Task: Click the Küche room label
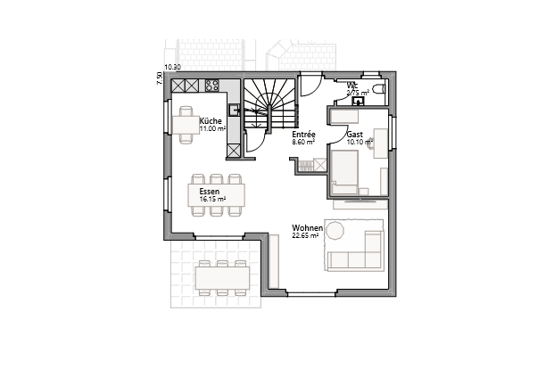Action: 211,120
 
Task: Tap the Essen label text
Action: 210,191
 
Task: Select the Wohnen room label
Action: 307,229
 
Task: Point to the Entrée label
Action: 304,135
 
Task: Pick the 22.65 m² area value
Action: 305,237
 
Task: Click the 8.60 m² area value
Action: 303,142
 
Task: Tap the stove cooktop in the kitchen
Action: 213,86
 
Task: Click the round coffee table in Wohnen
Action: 335,231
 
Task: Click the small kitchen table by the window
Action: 186,124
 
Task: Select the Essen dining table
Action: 217,195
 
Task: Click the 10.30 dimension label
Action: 173,68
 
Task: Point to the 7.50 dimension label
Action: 160,79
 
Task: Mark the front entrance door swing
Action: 310,86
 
